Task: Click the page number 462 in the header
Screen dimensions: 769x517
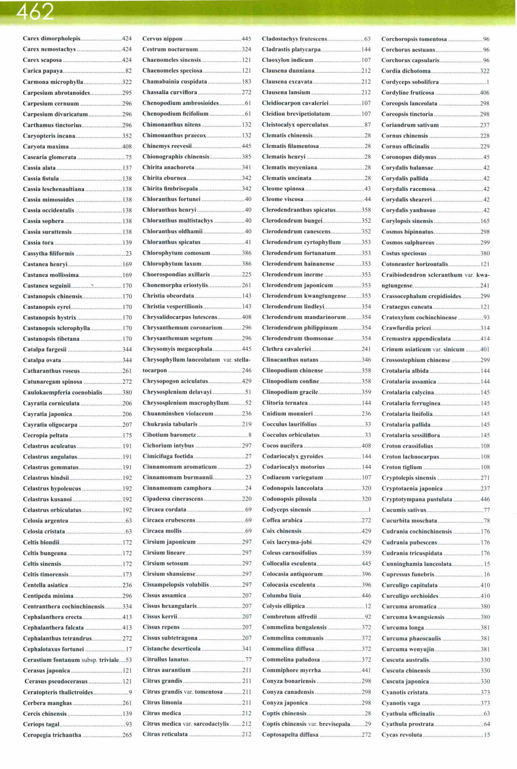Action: coord(35,12)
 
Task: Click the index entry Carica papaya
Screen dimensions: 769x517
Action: coord(42,71)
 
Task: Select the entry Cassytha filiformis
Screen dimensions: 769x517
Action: coord(48,253)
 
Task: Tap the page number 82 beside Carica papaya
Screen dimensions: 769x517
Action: coord(128,71)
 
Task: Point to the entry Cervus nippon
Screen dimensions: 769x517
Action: coord(162,39)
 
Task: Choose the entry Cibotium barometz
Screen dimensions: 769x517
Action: coord(169,435)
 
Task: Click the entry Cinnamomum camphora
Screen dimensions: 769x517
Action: coord(177,488)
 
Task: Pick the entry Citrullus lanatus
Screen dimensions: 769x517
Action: coord(166,659)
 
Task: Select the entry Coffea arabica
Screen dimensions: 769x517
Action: coord(282,520)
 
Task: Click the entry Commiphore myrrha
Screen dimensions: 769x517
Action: coord(292,670)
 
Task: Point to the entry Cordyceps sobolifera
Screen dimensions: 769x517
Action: coord(410,82)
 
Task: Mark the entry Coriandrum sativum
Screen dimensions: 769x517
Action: coord(410,125)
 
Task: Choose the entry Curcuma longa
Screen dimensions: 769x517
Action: coord(403,628)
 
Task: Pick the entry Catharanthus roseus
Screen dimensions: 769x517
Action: coord(51,371)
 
